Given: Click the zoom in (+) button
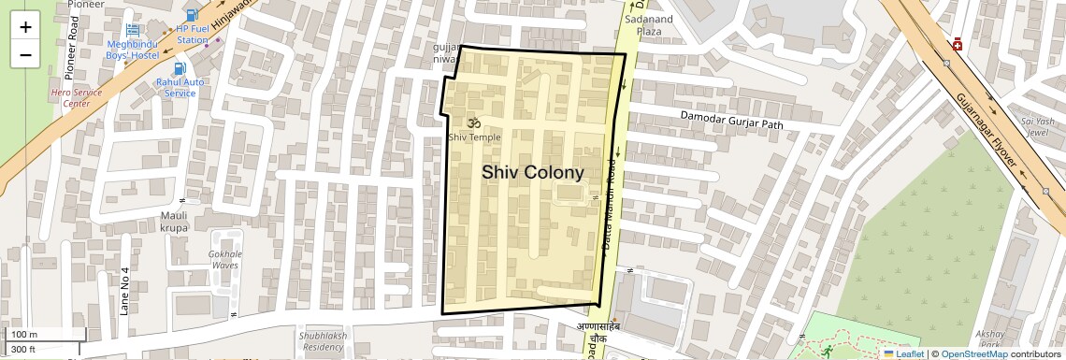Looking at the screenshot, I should (25, 27).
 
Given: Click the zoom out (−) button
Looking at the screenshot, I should (25, 54).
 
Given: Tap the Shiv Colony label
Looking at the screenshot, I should (532, 173).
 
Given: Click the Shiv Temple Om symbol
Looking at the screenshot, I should (473, 122).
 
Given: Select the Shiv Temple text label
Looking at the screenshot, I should (474, 137).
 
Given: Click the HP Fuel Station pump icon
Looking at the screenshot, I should (192, 15).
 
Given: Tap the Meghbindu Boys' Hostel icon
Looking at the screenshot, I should (132, 31).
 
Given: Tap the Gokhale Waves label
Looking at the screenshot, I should (225, 259).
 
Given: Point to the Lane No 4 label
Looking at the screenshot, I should (124, 291).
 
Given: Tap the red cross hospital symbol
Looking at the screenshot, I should (958, 45).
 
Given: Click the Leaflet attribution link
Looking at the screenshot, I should (903, 353).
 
